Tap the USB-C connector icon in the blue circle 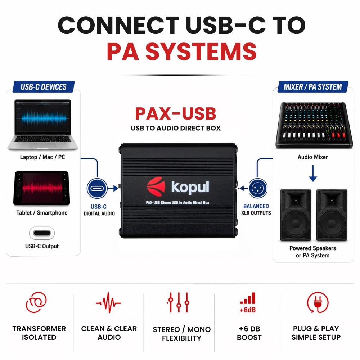pos(97,188)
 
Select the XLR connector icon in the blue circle pos(258,188)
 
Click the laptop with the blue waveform pos(43,125)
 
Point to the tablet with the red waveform pos(42,188)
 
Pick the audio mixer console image pos(314,125)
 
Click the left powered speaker pos(296,215)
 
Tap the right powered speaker pos(332,215)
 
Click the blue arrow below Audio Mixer pos(313,173)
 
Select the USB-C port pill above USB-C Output pos(42,233)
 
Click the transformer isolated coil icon pos(36,302)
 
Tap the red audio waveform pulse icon pos(108,303)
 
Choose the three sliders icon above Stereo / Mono pos(179,303)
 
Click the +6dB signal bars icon pos(248,303)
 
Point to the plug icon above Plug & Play pos(318,302)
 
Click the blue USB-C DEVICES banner pos(44,87)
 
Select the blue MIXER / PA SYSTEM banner pos(313,87)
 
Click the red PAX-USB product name pos(176,114)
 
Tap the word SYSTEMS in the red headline pos(201,51)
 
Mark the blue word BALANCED pos(256,206)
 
